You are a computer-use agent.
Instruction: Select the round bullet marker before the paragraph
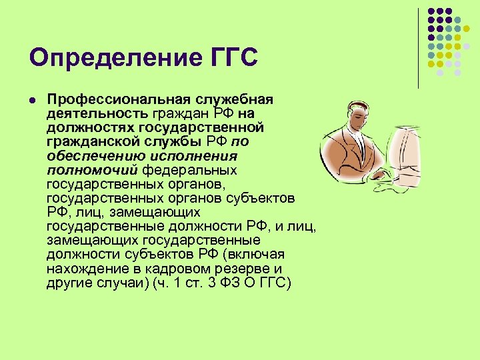(31, 99)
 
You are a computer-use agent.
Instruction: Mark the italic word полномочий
(83, 171)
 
